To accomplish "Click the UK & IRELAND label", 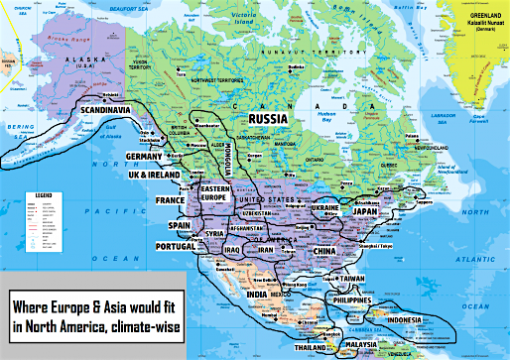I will pos(155,175).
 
